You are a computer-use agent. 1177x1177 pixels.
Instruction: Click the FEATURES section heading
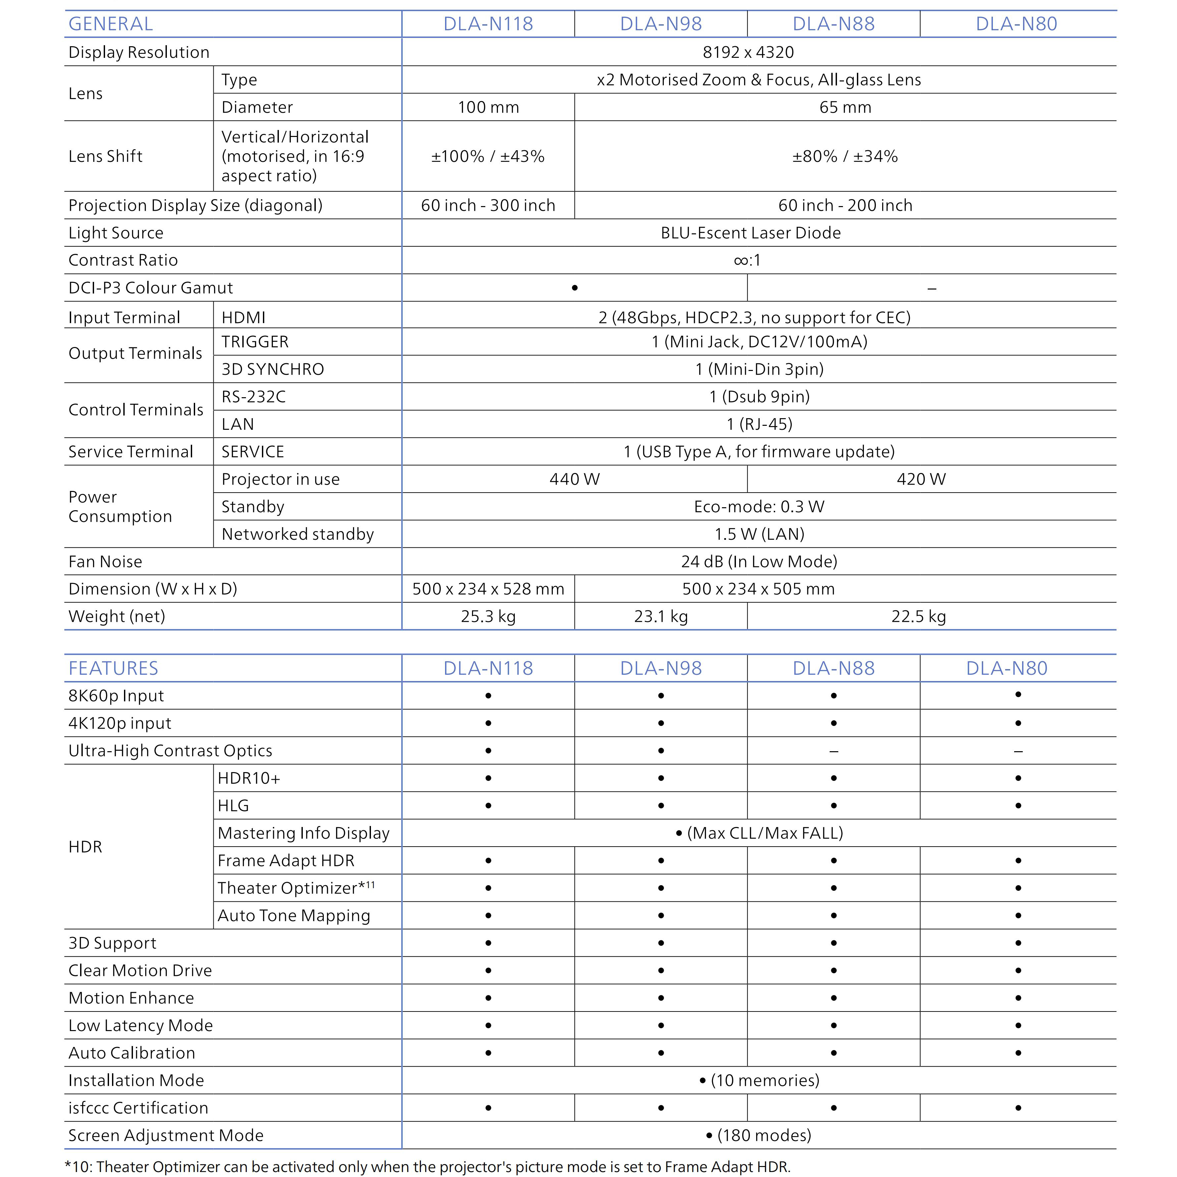coord(113,668)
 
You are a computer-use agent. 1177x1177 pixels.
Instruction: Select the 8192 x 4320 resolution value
coord(748,53)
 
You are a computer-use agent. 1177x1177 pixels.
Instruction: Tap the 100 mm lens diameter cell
coord(488,107)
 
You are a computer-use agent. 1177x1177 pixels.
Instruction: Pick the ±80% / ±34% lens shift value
coord(845,157)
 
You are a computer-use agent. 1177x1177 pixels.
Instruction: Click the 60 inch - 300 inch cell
coord(488,205)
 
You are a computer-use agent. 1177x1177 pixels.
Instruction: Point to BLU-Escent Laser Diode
coord(751,233)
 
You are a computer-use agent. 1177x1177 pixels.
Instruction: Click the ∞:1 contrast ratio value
coord(748,261)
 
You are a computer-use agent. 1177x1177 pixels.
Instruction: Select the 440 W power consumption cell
coord(574,479)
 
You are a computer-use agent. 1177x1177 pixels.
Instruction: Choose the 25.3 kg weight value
coord(488,617)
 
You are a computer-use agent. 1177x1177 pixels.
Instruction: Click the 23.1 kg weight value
coord(661,617)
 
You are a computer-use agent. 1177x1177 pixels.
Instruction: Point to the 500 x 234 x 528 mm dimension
coord(488,589)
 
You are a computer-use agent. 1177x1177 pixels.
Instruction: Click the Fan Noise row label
coord(105,562)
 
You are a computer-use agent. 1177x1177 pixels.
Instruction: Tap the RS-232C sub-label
coord(253,397)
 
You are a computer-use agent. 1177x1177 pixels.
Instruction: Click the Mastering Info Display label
coord(303,833)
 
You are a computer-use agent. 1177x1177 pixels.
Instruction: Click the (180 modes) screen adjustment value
coord(759,1135)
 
